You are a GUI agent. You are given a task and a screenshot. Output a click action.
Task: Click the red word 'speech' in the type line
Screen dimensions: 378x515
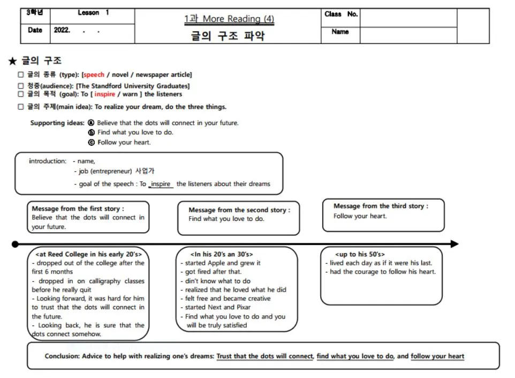(x=94, y=75)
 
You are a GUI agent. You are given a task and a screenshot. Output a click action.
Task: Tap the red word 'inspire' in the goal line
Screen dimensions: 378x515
(x=105, y=94)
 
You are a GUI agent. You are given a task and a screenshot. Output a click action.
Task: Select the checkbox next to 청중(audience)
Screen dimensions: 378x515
(x=21, y=86)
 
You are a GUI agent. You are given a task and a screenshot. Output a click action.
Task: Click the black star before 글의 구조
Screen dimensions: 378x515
(x=13, y=61)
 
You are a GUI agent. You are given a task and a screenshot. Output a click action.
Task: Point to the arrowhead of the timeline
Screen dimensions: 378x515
(x=455, y=244)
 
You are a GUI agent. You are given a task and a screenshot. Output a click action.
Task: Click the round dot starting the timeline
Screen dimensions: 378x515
(x=15, y=244)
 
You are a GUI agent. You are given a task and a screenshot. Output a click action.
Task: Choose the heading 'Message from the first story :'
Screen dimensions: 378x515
(x=78, y=209)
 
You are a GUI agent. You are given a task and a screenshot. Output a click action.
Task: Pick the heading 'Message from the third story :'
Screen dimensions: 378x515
(x=381, y=206)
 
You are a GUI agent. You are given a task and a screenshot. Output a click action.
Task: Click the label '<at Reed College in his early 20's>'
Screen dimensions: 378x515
(x=88, y=254)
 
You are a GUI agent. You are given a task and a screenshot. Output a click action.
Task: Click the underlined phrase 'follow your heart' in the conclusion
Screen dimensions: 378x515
(x=437, y=356)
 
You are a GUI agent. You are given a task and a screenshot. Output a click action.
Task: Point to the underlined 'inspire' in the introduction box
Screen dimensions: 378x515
(x=161, y=184)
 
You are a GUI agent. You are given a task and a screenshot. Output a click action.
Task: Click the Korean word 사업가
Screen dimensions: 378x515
(x=145, y=172)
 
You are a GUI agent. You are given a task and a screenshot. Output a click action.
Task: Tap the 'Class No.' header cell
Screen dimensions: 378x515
(x=340, y=14)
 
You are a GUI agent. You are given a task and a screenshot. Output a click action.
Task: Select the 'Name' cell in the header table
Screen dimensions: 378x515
(x=340, y=32)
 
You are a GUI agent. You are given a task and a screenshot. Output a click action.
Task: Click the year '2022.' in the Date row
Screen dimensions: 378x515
(x=62, y=31)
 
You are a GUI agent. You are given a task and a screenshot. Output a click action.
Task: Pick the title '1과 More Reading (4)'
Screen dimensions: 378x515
(x=229, y=19)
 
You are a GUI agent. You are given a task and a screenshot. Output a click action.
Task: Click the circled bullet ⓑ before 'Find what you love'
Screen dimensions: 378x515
(x=92, y=132)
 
